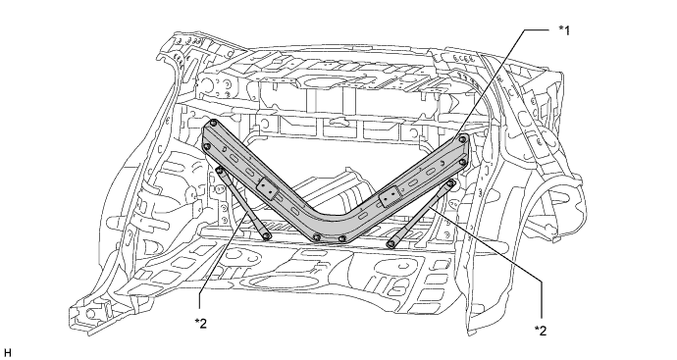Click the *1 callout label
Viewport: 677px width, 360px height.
(x=564, y=30)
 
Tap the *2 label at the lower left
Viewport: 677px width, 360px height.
(x=201, y=324)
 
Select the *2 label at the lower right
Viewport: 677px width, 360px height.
(x=541, y=331)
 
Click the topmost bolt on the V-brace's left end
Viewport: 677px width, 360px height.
(x=213, y=124)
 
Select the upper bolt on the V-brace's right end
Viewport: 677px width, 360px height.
(x=463, y=139)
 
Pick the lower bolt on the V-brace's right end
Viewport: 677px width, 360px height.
(x=463, y=162)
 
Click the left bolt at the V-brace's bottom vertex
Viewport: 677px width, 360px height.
(x=317, y=237)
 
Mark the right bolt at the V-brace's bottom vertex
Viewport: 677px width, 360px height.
(x=342, y=238)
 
